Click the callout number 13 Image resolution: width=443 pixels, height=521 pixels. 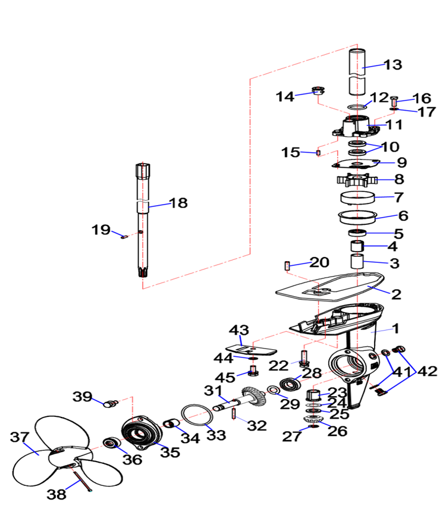click(x=393, y=65)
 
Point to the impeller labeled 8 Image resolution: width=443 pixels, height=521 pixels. click(x=357, y=178)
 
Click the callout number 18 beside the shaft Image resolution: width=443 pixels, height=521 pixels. click(x=178, y=203)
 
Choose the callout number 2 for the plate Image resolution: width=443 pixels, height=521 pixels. click(x=396, y=293)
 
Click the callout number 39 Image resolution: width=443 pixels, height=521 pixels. click(x=83, y=397)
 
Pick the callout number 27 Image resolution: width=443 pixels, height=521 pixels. click(x=292, y=436)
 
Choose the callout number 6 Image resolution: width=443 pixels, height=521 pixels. click(x=403, y=215)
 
